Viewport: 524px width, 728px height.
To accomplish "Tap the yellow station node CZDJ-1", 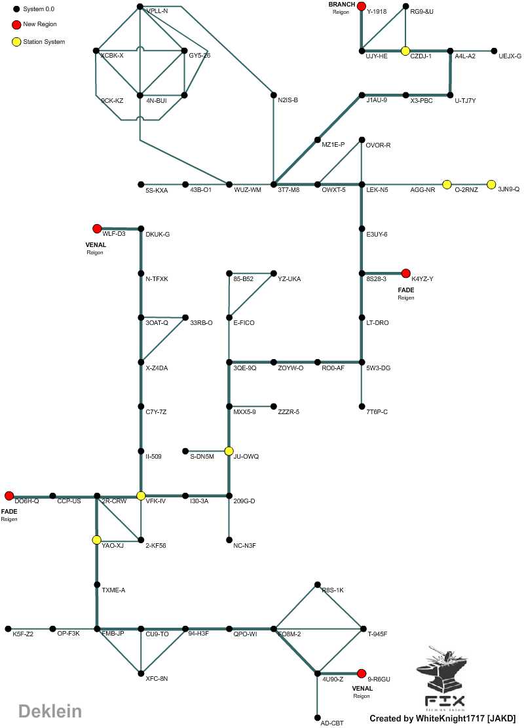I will (405, 50).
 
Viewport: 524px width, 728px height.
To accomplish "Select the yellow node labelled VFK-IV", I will (140, 495).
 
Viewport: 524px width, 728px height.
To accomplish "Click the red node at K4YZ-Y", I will (405, 273).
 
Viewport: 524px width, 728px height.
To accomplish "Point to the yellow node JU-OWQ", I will (229, 451).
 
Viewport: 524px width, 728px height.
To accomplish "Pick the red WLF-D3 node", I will (96, 229).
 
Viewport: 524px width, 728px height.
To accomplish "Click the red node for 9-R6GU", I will (361, 673).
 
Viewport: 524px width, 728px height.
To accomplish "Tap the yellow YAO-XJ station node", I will (96, 540).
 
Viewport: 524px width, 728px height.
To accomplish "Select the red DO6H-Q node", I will (9, 495).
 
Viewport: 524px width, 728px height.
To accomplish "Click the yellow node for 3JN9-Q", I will (491, 184).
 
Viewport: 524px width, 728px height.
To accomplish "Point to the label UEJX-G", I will (510, 56).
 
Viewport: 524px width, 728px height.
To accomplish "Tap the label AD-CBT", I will (331, 723).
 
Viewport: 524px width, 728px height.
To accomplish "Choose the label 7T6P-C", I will (377, 412).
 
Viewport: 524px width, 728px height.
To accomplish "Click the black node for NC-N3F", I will (229, 540).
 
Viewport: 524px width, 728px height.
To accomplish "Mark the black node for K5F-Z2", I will (9, 629).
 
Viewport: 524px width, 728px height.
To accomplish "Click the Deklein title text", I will (50, 711).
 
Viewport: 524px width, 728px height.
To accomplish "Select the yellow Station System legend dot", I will (16, 42).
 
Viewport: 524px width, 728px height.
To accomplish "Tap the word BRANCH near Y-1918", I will (341, 5).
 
